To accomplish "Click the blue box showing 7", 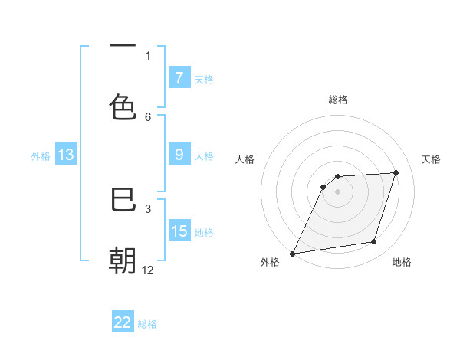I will click(179, 77).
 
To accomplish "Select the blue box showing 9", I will click(179, 155).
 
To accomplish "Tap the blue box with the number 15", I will click(179, 231).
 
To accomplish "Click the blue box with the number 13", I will click(66, 155).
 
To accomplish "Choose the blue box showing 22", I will click(123, 322).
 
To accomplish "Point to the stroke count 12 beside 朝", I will click(148, 270).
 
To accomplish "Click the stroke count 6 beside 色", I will click(148, 116).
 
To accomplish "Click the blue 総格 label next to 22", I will click(147, 324).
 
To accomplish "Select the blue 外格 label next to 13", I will click(41, 156).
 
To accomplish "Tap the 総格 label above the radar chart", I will click(338, 100).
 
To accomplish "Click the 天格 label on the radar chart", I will click(432, 159).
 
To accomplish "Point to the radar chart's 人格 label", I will click(245, 159).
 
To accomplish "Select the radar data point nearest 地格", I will click(374, 242).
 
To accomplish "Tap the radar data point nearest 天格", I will click(396, 172).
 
